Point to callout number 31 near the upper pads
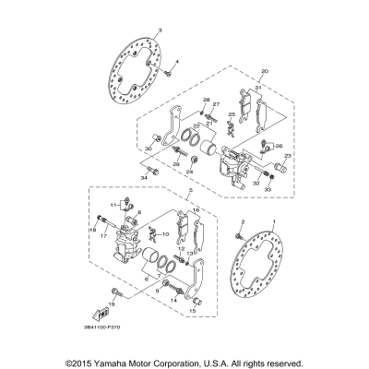click(x=260, y=88)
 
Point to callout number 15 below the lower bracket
click(x=192, y=312)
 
